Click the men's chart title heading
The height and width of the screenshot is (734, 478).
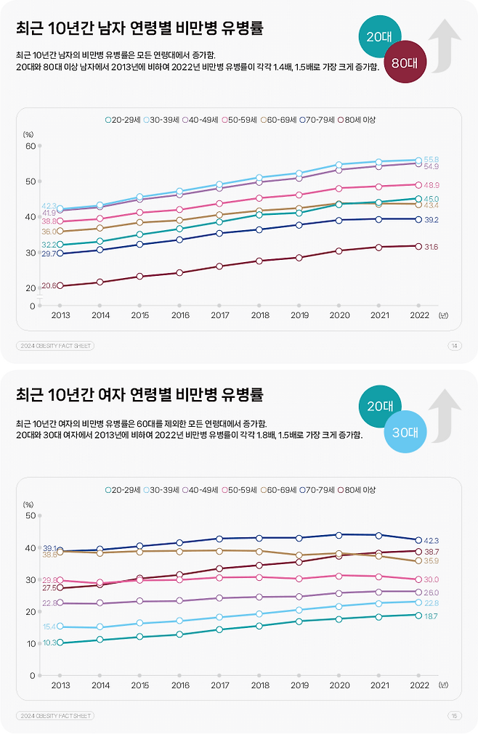[x=140, y=28]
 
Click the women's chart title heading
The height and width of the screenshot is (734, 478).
[x=140, y=395]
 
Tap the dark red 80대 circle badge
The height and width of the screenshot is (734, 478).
[x=404, y=62]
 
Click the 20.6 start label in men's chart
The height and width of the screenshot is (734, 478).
[x=49, y=286]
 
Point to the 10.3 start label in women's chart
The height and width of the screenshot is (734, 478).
[x=49, y=643]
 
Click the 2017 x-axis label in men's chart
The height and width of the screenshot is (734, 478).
[x=220, y=315]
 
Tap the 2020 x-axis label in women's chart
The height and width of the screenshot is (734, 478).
[x=339, y=685]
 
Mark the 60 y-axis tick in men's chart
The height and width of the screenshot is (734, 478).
[x=31, y=146]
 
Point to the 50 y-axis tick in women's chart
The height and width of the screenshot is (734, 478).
[x=31, y=515]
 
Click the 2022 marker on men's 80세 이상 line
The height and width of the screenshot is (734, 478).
[x=418, y=246]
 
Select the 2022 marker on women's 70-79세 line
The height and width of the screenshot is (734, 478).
[x=418, y=540]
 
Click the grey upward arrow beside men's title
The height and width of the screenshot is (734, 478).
[x=445, y=45]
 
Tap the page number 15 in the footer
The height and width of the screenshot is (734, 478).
[x=455, y=715]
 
